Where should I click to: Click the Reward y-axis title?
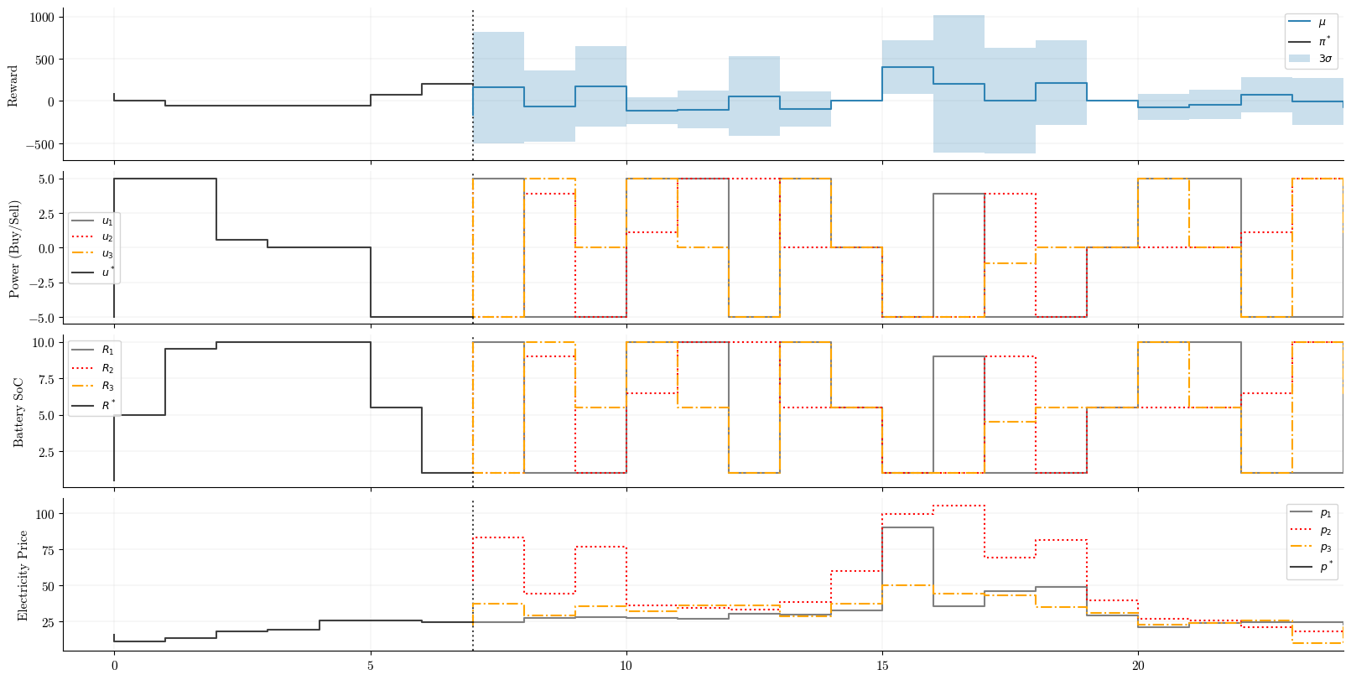[x=13, y=86]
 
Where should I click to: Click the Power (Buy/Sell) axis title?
[x=13, y=249]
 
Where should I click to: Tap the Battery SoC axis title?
[x=18, y=412]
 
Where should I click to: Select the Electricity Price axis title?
[x=23, y=575]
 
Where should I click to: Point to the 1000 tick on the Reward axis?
[x=39, y=17]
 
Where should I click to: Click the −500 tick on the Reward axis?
[x=37, y=144]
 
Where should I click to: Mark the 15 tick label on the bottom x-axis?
[x=882, y=666]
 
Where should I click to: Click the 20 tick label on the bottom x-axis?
[x=1138, y=666]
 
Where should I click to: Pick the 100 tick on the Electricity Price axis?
[x=45, y=513]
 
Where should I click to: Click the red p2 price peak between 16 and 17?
[x=959, y=506]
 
